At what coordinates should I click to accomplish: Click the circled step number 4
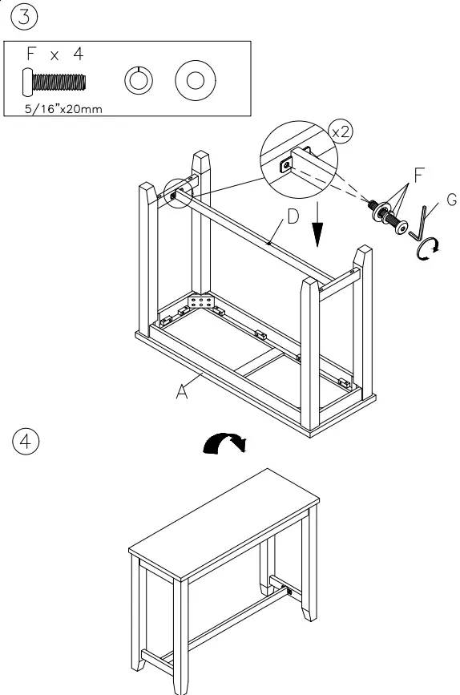19,441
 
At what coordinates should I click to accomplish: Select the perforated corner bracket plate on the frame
201,302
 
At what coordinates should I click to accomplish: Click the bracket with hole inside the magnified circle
285,166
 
